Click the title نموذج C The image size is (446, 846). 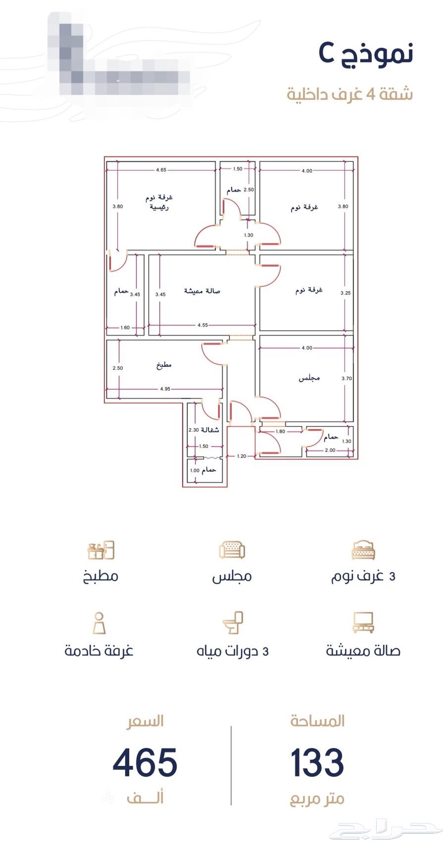tap(366, 53)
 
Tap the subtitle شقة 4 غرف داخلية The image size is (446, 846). tap(349, 94)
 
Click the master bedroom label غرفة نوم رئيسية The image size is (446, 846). tap(159, 202)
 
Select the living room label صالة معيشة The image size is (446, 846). tap(202, 291)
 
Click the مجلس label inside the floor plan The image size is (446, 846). tap(309, 378)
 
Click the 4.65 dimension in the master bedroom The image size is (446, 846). tap(161, 170)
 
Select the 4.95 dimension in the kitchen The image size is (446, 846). tap(165, 389)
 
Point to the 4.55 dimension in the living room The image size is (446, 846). tap(202, 325)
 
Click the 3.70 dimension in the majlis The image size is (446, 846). tap(346, 379)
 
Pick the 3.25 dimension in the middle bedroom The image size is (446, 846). tap(345, 293)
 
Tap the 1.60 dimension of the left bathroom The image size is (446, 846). tap(125, 328)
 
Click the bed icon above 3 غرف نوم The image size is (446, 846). tap(363, 550)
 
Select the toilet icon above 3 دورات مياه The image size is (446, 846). tap(232, 623)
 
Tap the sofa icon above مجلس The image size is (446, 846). tap(232, 550)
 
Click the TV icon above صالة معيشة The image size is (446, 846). tap(363, 623)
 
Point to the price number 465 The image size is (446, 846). tap(145, 763)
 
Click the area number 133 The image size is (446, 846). tap(317, 763)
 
